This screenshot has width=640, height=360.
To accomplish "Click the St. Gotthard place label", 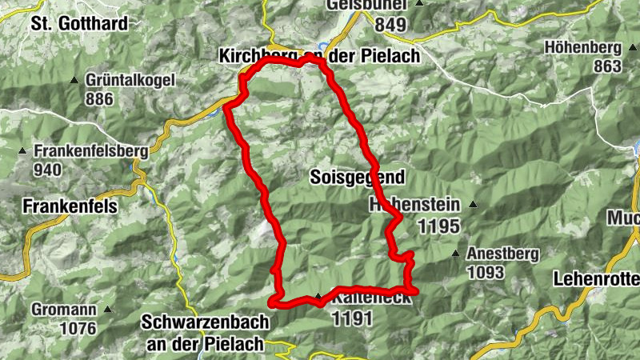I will (79, 23).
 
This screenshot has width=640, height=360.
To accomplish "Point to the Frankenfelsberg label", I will (90, 150).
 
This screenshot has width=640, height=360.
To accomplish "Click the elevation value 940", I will (48, 169).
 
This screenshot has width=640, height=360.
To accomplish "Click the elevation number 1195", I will (438, 226).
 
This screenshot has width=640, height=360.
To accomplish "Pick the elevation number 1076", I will (77, 328).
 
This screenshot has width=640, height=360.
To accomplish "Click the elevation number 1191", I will (352, 318).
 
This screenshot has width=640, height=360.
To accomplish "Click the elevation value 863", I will (608, 66).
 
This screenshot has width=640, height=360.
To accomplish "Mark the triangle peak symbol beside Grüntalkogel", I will (75, 81).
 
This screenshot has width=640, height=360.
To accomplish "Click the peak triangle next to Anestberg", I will (457, 254).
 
